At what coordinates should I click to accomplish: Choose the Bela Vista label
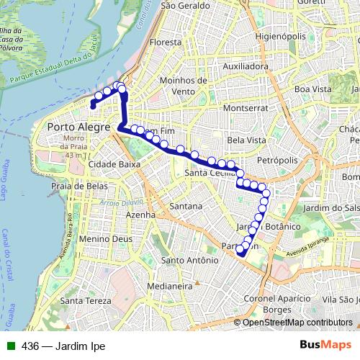(x=246, y=140)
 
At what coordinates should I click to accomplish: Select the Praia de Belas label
(x=79, y=186)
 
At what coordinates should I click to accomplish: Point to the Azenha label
(x=140, y=214)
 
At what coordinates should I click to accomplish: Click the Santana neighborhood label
(x=185, y=207)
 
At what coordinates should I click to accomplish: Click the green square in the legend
(x=9, y=346)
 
